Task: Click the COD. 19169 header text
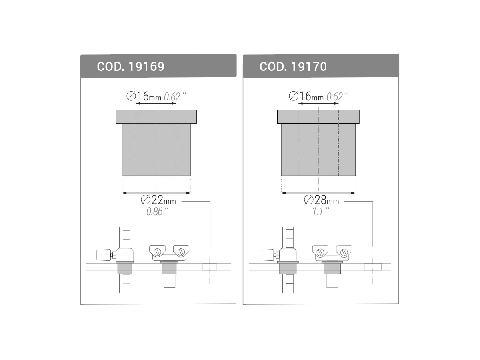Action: (130, 66)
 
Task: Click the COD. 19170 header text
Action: (293, 66)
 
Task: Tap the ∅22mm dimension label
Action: (158, 200)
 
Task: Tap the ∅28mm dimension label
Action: (321, 200)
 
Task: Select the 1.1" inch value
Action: (321, 212)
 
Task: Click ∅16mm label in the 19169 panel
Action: (143, 96)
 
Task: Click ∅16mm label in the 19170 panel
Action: (306, 96)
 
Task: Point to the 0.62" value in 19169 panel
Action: (175, 97)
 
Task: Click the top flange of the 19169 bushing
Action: (156, 116)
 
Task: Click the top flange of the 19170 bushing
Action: (318, 116)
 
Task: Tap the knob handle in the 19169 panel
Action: (103, 254)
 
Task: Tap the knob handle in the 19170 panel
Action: (266, 254)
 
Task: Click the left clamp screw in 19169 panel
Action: (158, 252)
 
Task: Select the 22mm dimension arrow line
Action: (156, 193)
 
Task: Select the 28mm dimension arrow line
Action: (318, 193)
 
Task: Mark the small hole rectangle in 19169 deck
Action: (210, 267)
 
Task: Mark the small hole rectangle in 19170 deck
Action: (373, 267)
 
